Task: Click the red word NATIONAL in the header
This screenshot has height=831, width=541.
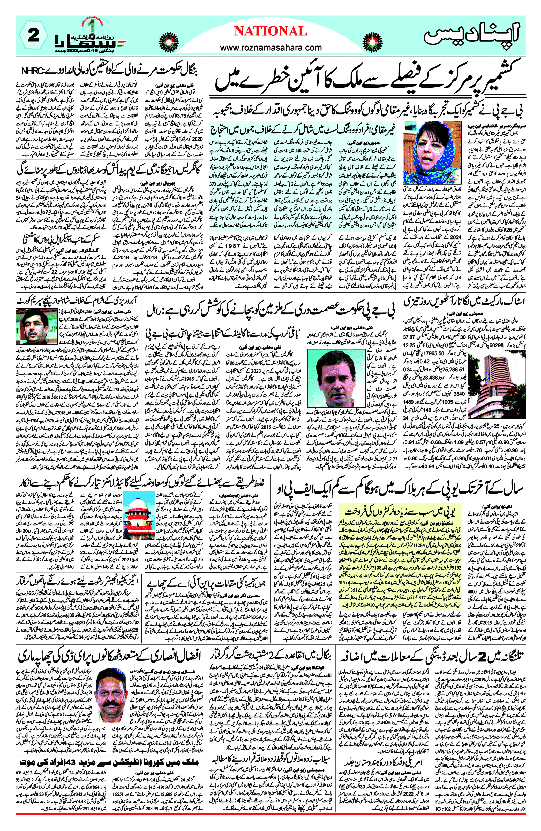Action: pyautogui.click(x=270, y=32)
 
